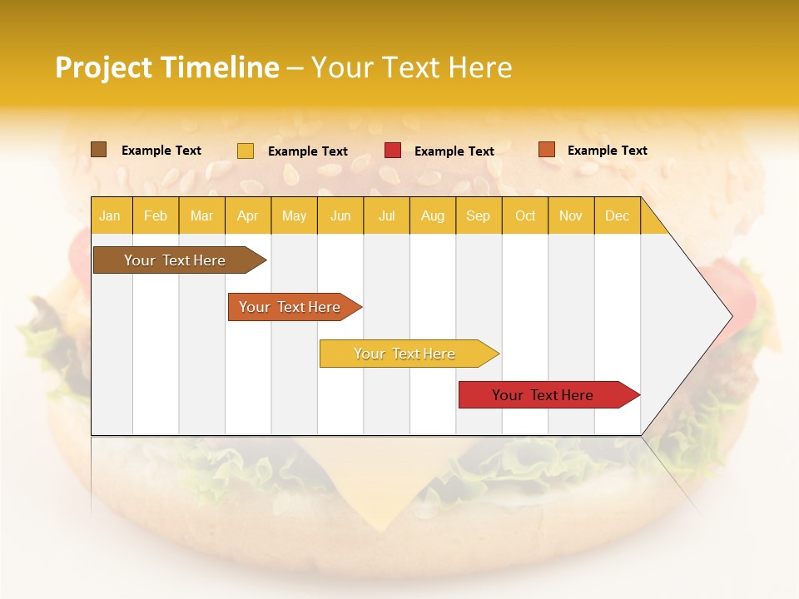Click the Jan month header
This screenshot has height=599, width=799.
tap(110, 215)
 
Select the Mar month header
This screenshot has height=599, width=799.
tap(201, 215)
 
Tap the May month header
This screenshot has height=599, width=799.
tap(294, 215)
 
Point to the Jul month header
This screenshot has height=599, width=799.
tap(387, 215)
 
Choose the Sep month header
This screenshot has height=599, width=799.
tap(478, 215)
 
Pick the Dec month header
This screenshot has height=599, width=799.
tap(617, 215)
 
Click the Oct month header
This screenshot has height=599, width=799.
tap(525, 215)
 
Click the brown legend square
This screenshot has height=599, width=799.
tap(99, 150)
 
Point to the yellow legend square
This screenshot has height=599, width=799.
tap(246, 151)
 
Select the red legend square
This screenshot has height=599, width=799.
tap(393, 151)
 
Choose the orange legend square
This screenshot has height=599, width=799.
tap(547, 150)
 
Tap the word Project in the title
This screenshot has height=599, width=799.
tap(102, 67)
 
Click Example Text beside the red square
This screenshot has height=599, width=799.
tap(454, 151)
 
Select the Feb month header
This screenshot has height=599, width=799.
tap(156, 215)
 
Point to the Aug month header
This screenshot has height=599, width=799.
tap(432, 215)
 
